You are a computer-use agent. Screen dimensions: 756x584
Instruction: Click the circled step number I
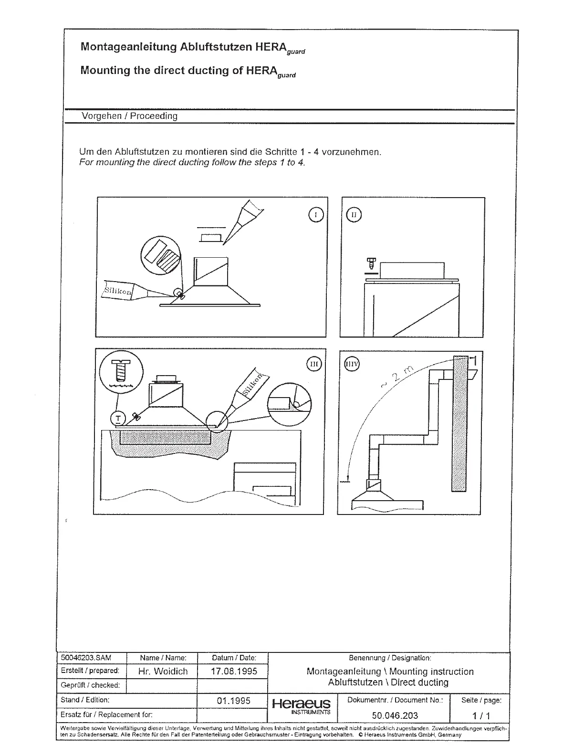tap(316, 215)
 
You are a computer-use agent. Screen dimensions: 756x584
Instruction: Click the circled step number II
tap(354, 215)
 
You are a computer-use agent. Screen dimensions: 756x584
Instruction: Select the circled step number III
tap(314, 364)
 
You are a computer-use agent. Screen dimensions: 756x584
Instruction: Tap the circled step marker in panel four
tap(352, 365)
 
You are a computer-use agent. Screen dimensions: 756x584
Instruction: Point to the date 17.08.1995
tap(234, 671)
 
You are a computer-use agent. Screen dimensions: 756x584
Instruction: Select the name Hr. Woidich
tap(163, 671)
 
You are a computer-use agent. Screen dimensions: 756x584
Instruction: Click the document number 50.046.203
tap(395, 715)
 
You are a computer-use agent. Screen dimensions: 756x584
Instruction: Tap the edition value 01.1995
tap(234, 701)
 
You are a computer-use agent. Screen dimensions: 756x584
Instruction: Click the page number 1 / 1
tap(481, 715)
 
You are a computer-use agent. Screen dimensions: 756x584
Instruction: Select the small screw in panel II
tap(372, 263)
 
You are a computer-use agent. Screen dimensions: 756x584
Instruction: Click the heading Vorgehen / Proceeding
tap(129, 116)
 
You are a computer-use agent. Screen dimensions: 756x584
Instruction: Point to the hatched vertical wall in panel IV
tap(459, 423)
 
